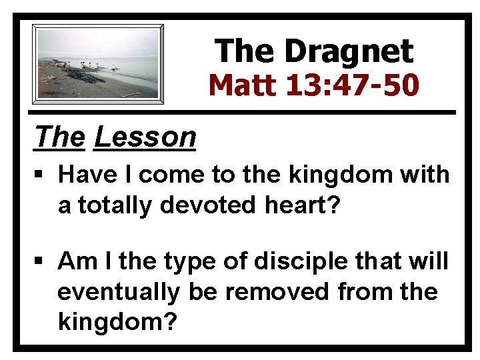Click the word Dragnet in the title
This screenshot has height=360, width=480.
348,51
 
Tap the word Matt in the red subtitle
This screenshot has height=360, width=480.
238,85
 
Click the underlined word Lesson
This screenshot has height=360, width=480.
145,137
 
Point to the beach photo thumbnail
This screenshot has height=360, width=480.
99,64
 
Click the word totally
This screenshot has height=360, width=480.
115,205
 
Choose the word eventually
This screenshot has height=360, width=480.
119,292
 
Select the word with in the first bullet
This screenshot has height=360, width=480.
429,175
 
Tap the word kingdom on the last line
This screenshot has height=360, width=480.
116,322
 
